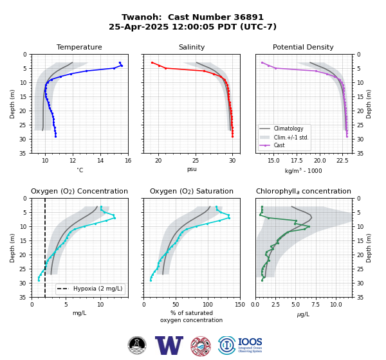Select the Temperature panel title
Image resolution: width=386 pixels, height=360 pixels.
tap(79, 47)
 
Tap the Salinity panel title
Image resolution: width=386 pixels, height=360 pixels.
tap(192, 47)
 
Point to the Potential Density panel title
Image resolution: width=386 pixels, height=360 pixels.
tap(303, 47)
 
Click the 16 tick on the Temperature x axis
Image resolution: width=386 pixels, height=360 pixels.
tap(128, 161)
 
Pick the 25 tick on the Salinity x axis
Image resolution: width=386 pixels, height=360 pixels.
tap(196, 161)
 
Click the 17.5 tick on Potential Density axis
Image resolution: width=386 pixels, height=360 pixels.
tap(297, 161)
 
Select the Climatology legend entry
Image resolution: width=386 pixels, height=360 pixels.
tap(288, 129)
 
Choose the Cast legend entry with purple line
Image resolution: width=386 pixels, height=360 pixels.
tap(279, 145)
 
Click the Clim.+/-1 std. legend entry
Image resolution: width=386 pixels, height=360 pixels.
tap(291, 138)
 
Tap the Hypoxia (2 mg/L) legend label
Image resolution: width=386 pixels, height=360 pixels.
tap(98, 289)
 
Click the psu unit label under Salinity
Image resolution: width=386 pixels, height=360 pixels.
tap(192, 169)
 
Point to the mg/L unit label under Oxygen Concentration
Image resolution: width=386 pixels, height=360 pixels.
tap(79, 313)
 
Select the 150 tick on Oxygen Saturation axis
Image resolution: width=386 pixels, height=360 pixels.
tap(240, 305)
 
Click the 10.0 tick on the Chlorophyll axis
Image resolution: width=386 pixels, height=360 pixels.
tap(336, 305)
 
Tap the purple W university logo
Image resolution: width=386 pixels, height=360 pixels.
tap(169, 345)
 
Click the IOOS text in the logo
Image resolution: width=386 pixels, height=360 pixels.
tap(250, 342)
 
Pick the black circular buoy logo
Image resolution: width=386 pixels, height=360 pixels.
tap(137, 345)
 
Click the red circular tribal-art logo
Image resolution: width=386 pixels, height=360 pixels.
tap(201, 346)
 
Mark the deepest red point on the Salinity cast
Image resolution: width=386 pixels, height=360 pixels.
tap(232, 136)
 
